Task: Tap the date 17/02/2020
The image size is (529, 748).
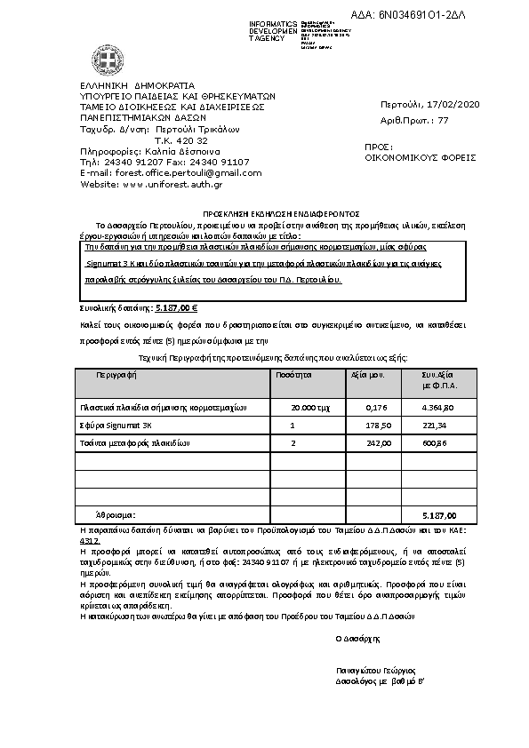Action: (453, 106)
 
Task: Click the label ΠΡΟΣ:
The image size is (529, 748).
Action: (379, 146)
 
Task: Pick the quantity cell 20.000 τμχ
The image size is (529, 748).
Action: (305, 407)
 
